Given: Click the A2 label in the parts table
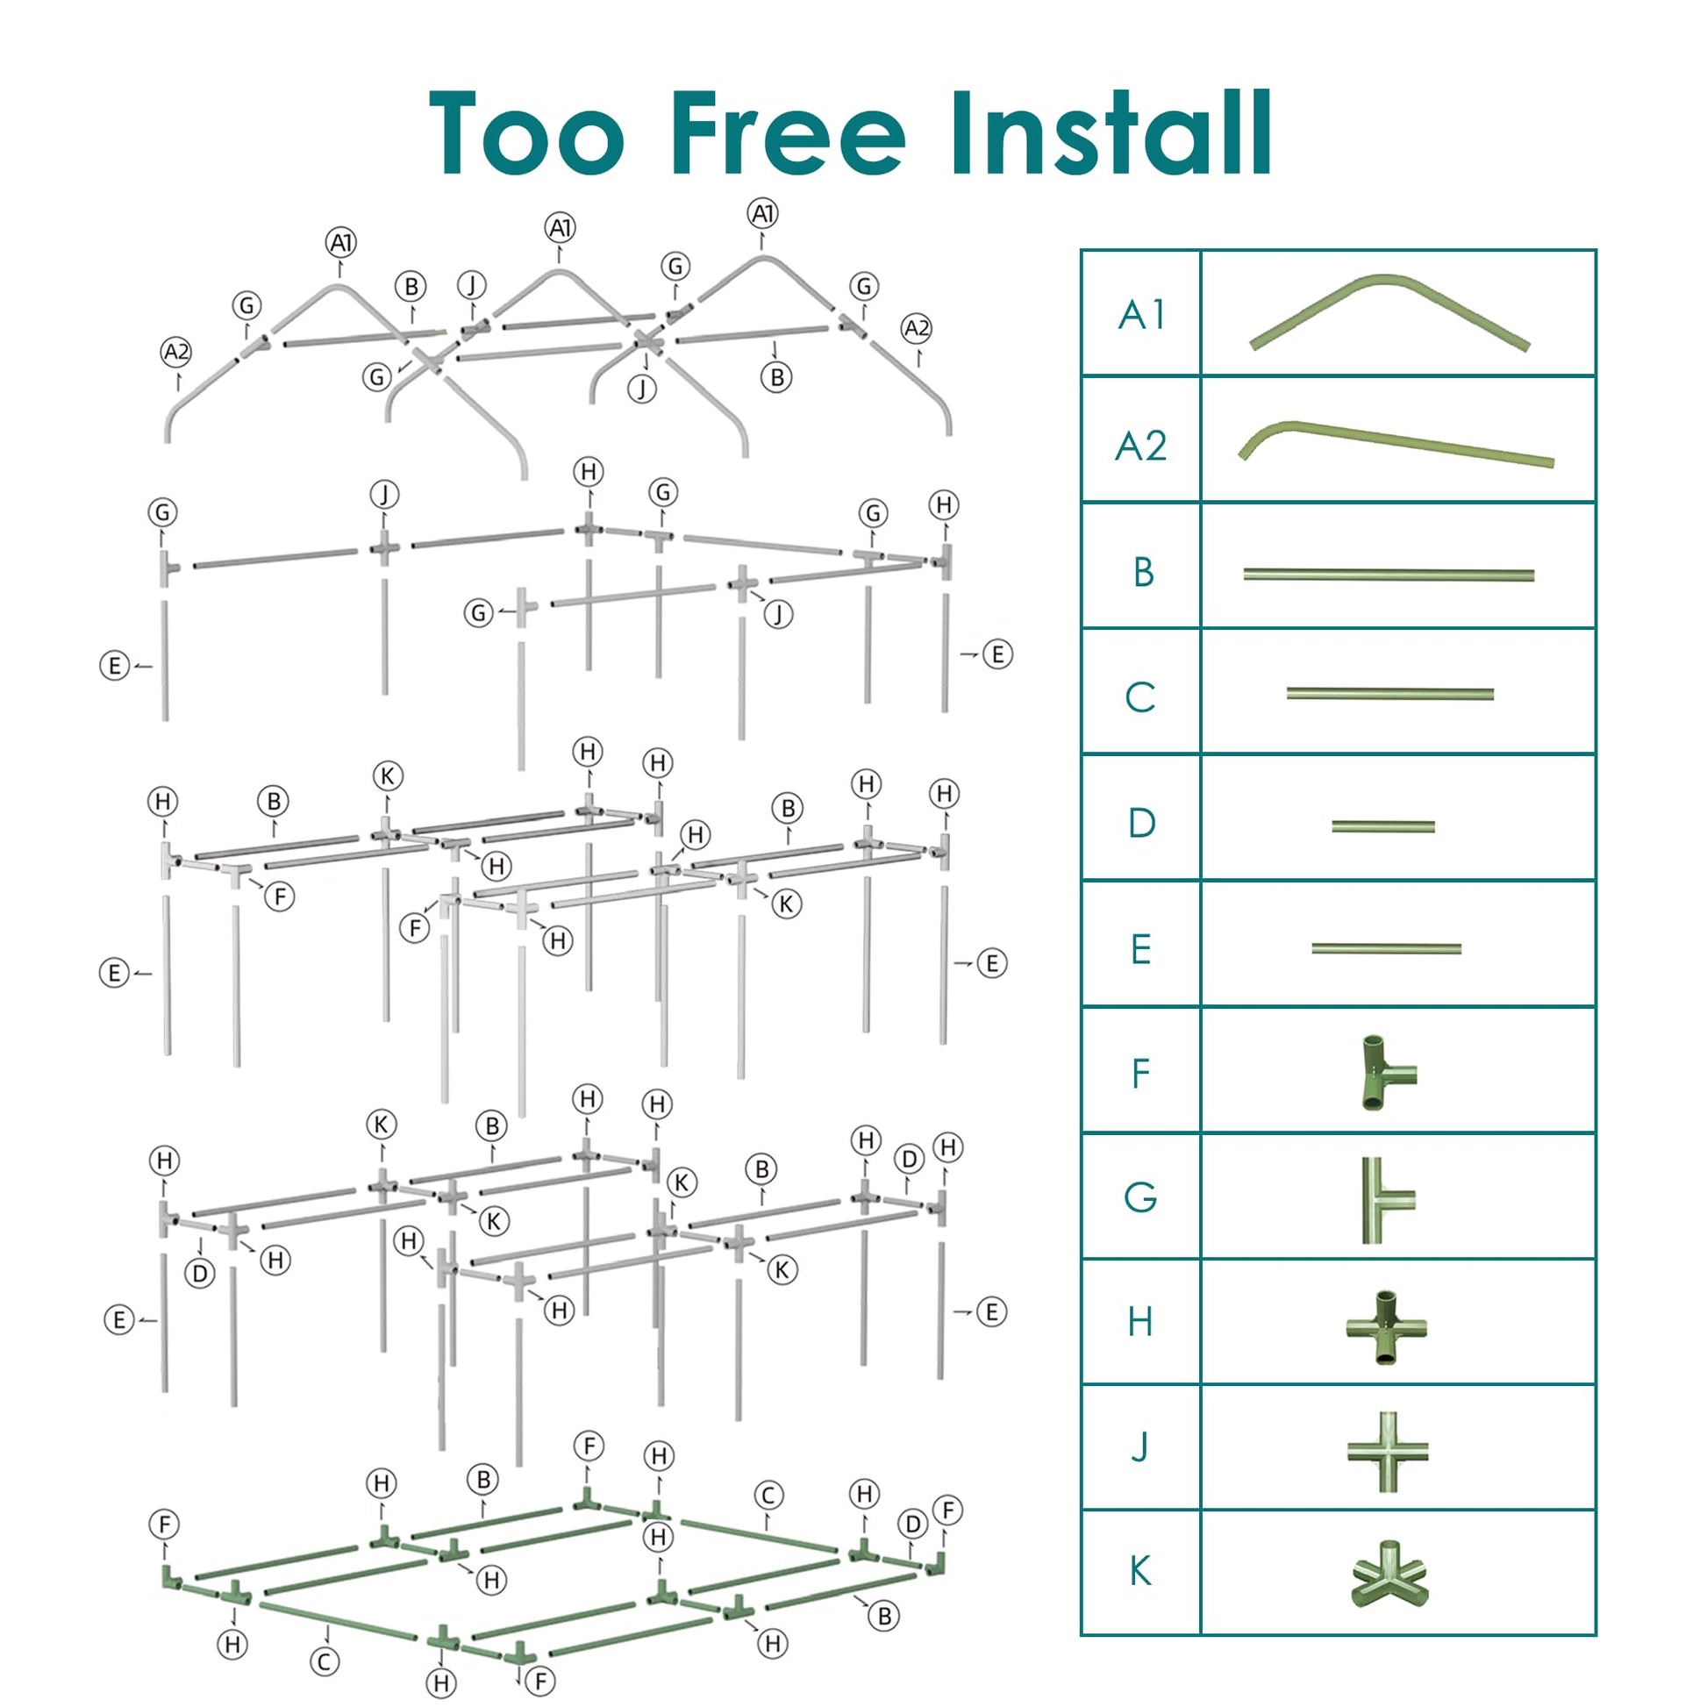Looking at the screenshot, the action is coord(1141,446).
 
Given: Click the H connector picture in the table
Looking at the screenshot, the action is coord(1386,1325).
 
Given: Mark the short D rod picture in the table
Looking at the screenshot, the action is coord(1382,826).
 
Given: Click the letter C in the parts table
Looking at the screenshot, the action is coord(1140,697).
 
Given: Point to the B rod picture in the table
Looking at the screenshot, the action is coord(1388,575).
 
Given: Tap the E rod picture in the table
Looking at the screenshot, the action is coord(1385,949).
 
